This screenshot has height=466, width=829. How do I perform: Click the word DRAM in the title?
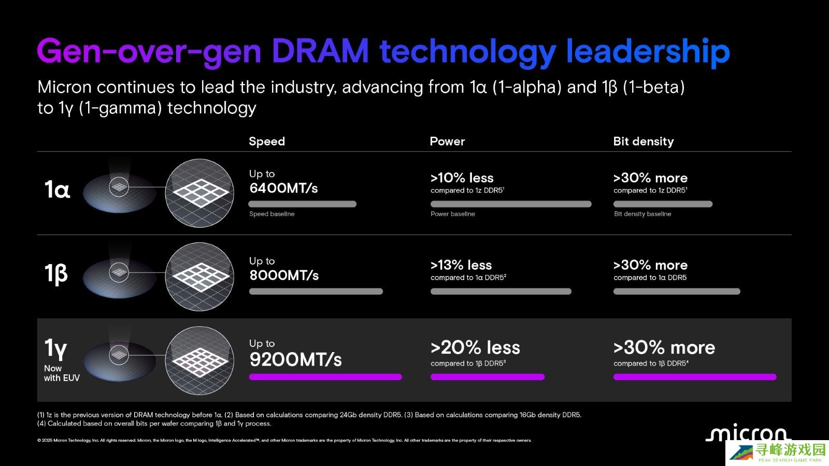click(x=320, y=51)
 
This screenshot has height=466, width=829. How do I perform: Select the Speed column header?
click(x=267, y=141)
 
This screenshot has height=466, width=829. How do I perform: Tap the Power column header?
click(x=447, y=141)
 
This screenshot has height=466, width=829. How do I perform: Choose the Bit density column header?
click(x=643, y=141)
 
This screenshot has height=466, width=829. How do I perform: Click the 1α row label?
click(x=57, y=190)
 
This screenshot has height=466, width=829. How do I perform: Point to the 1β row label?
click(x=56, y=273)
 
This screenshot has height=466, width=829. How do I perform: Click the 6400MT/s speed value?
click(x=283, y=188)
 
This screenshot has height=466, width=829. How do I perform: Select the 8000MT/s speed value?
click(x=284, y=275)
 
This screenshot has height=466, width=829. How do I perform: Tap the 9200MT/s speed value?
click(x=295, y=359)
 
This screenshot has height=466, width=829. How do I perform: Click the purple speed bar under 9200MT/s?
click(x=325, y=377)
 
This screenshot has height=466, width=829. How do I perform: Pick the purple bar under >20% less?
click(x=487, y=377)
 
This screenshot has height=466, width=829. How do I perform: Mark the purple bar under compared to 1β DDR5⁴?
click(x=694, y=377)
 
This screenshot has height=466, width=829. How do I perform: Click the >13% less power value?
click(x=461, y=265)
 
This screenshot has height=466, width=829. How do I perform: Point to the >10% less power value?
click(x=462, y=178)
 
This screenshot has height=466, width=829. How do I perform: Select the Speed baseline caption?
click(x=271, y=214)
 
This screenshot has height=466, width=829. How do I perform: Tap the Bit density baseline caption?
click(x=642, y=214)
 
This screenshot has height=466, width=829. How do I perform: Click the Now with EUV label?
click(x=61, y=373)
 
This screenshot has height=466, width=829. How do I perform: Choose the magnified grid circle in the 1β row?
click(x=199, y=276)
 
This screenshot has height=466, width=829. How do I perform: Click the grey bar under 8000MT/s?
click(x=316, y=292)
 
